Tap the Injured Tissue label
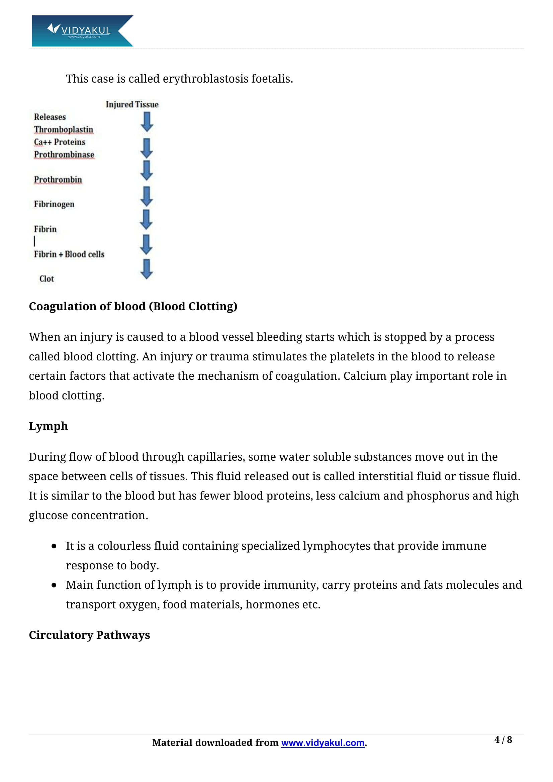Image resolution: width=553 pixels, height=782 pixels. click(x=132, y=104)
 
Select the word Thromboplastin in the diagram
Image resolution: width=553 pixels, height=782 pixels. click(x=63, y=129)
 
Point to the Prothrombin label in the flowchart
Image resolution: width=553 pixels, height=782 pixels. click(x=58, y=180)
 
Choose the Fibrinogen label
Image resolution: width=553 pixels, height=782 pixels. click(x=54, y=204)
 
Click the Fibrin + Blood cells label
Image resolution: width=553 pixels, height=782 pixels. click(x=69, y=254)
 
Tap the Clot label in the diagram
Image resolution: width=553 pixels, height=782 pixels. click(x=47, y=278)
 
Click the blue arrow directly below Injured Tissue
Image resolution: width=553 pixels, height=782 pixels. click(x=147, y=122)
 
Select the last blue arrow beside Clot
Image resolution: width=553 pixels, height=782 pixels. click(x=147, y=269)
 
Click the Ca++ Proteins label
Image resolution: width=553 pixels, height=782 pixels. click(x=60, y=142)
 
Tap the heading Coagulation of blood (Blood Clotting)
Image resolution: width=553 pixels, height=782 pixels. click(x=133, y=306)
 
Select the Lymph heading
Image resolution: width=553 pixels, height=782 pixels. click(x=49, y=426)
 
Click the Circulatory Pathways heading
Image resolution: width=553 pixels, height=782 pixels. click(x=89, y=635)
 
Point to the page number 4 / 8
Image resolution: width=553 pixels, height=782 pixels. click(x=503, y=740)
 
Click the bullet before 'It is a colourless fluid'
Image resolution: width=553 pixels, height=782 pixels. click(x=54, y=546)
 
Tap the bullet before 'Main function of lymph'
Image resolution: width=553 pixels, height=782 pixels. click(x=54, y=585)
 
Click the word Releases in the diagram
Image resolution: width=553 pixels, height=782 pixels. click(x=50, y=117)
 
